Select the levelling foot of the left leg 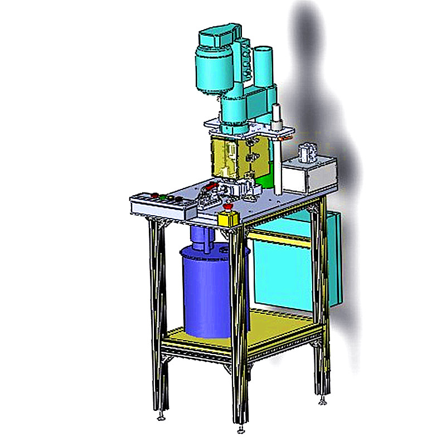(162, 415)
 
